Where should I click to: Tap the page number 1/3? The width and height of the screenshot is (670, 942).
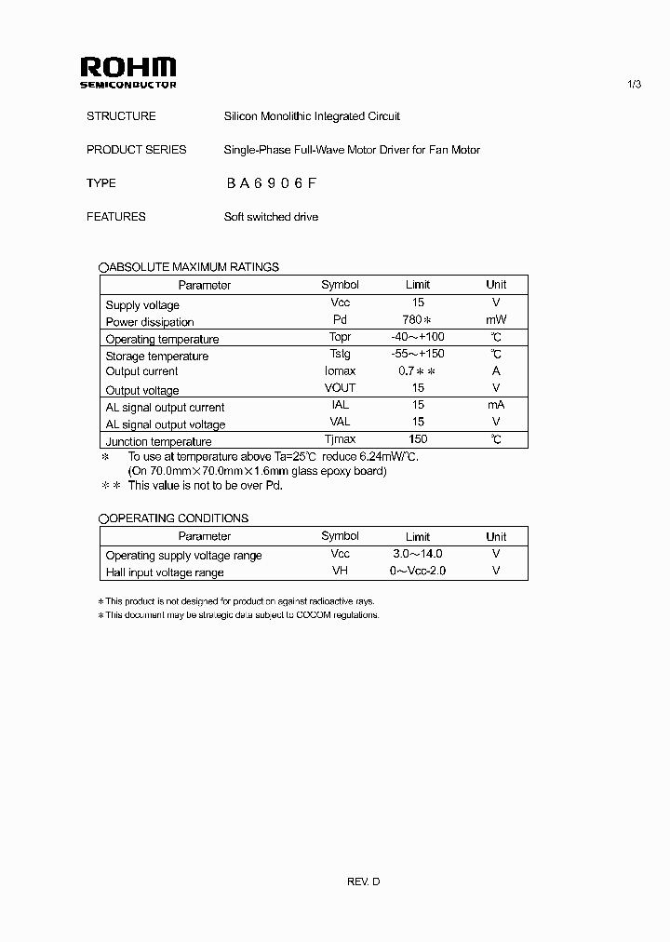click(x=635, y=85)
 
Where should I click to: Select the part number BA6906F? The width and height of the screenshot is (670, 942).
click(x=272, y=183)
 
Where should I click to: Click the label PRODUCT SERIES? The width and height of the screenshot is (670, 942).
click(x=136, y=150)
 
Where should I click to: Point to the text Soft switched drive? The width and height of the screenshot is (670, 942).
click(x=271, y=217)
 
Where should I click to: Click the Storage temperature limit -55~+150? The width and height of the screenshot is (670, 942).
click(x=418, y=355)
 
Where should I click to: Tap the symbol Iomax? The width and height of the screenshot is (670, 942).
click(x=340, y=371)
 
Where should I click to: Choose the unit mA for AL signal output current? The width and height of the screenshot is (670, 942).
click(x=496, y=406)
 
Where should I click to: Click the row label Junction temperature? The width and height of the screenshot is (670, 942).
click(x=158, y=441)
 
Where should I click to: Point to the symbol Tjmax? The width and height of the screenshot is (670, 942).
click(x=340, y=439)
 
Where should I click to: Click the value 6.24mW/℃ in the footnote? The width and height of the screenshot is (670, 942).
click(x=394, y=457)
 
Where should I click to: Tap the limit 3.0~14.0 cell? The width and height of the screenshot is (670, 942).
click(x=418, y=554)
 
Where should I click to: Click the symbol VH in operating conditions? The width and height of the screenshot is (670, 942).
click(x=340, y=571)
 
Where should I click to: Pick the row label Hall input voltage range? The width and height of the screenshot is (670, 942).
click(x=165, y=572)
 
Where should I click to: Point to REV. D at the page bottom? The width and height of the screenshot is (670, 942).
click(x=364, y=881)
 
